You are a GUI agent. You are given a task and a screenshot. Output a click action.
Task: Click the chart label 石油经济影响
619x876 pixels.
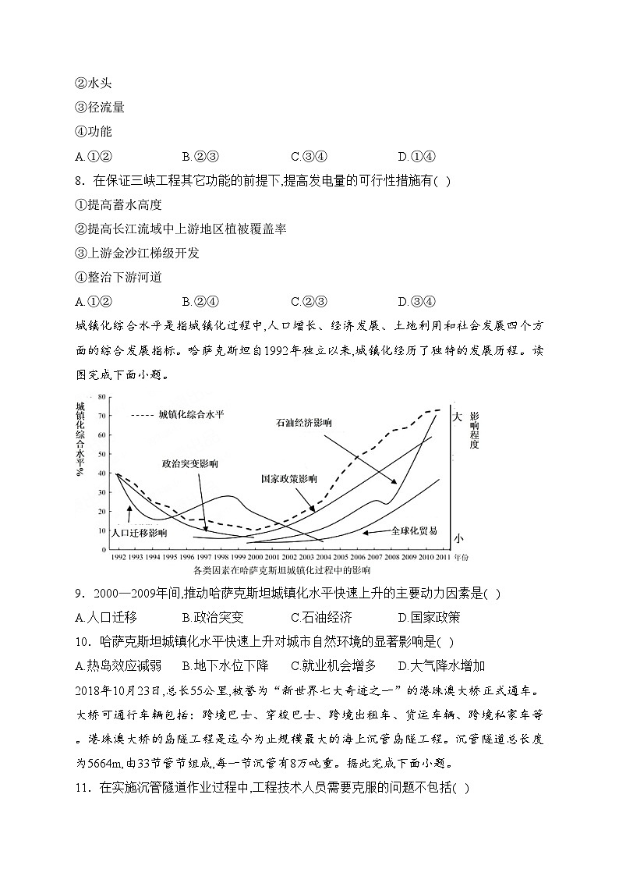(304, 422)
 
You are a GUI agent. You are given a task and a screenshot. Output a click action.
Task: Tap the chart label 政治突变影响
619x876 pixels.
(190, 463)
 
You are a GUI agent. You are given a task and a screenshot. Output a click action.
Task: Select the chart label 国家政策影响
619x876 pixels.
(289, 479)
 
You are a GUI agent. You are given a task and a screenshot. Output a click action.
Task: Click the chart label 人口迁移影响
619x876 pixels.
(140, 533)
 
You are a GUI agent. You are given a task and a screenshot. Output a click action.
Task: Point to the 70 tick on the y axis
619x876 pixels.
(101, 416)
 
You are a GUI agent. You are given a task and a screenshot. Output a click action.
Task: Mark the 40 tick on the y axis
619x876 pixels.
(101, 473)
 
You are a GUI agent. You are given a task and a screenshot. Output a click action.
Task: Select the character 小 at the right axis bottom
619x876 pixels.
(458, 538)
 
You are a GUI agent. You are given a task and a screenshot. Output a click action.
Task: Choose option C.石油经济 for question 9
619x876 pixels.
(321, 617)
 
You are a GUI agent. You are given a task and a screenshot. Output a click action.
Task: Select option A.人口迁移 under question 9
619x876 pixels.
(106, 617)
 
